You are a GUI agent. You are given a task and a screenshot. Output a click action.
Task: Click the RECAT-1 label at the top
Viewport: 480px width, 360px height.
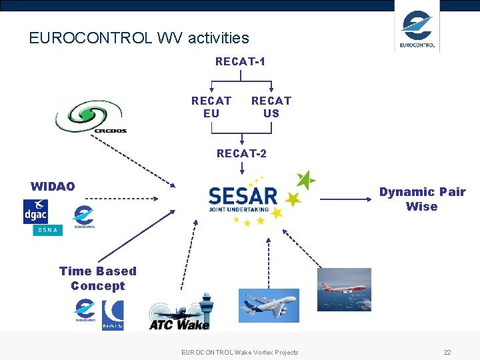(240, 61)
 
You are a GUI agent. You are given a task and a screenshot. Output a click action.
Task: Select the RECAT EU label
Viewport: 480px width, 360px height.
(211, 107)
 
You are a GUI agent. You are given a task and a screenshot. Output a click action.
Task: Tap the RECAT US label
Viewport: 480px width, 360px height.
(271, 107)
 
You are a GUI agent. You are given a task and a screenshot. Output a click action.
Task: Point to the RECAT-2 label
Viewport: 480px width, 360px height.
(241, 153)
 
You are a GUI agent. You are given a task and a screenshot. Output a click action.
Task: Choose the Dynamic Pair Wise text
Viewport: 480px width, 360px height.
(422, 199)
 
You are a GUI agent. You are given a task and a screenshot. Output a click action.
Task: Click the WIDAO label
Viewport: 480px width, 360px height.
(53, 186)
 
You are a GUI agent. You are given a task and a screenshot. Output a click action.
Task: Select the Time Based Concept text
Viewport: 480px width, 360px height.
(97, 278)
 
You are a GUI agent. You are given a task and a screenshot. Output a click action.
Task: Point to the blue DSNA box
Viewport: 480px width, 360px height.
(47, 230)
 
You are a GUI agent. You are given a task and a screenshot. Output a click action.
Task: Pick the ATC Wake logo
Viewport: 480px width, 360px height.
(180, 313)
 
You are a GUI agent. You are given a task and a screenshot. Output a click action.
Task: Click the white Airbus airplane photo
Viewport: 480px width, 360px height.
(269, 305)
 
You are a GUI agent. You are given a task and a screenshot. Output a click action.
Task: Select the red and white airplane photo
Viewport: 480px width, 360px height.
(344, 289)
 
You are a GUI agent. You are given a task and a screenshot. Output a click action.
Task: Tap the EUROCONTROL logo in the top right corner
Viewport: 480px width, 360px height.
(417, 27)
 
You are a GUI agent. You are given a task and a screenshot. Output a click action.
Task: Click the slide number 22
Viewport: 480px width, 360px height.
(447, 352)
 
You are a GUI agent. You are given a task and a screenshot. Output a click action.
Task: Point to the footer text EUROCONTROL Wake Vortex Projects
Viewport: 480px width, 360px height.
(239, 352)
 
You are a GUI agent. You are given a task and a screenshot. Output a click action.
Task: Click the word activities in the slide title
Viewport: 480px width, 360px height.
(218, 38)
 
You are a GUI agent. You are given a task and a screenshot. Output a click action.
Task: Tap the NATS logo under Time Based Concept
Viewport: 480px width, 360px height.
(113, 315)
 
